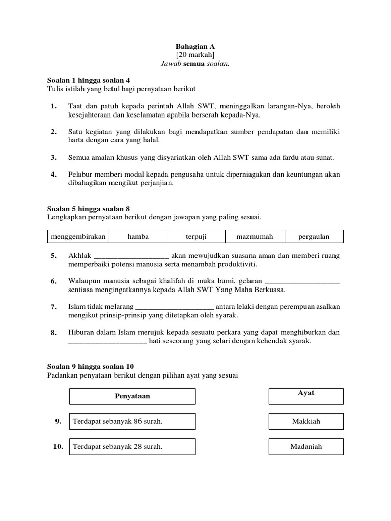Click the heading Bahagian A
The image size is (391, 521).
[x=195, y=46]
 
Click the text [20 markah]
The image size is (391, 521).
[x=195, y=54]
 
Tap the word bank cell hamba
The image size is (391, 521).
[x=138, y=237]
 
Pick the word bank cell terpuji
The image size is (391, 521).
[x=195, y=237]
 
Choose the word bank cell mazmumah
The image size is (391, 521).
[x=255, y=237]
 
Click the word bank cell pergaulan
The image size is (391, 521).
[x=314, y=237]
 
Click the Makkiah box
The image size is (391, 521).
[x=306, y=421]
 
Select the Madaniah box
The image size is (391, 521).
[x=306, y=447]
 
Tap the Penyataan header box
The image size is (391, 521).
[x=132, y=396]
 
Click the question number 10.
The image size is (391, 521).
[x=58, y=447]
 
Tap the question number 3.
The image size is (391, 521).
[x=53, y=158]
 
